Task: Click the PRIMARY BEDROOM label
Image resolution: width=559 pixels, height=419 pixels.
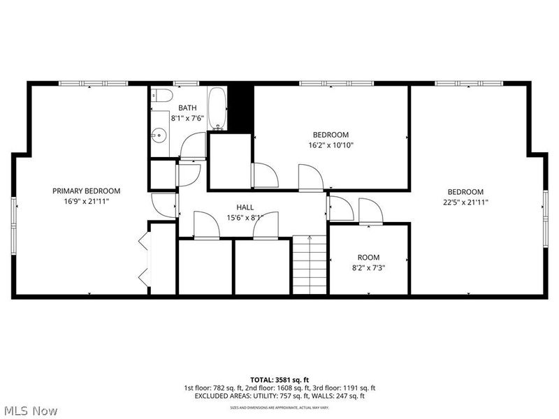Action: click(86, 191)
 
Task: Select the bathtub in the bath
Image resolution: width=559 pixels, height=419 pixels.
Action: click(217, 108)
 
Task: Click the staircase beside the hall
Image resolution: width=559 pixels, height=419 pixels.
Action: click(310, 265)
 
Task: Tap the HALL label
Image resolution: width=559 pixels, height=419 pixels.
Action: click(245, 207)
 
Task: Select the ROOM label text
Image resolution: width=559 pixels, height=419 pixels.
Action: click(368, 257)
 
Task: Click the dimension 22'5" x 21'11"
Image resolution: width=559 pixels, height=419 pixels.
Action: click(465, 202)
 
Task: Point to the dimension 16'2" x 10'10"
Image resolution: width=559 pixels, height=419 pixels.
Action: click(331, 145)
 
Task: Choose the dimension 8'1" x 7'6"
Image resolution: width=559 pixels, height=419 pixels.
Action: click(187, 117)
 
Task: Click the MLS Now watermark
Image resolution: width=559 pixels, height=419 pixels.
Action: click(31, 411)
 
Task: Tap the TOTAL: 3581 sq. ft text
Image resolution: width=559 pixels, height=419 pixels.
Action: click(279, 380)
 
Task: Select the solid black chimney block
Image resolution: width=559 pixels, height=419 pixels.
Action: click(241, 107)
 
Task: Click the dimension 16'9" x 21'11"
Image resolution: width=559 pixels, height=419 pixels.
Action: click(86, 200)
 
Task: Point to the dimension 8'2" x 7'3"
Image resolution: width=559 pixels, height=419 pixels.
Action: click(368, 267)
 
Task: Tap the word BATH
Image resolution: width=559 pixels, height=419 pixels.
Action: click(187, 108)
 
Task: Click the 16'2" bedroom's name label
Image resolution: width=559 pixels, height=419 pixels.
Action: click(331, 135)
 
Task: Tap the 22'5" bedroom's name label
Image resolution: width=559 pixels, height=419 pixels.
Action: click(465, 192)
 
